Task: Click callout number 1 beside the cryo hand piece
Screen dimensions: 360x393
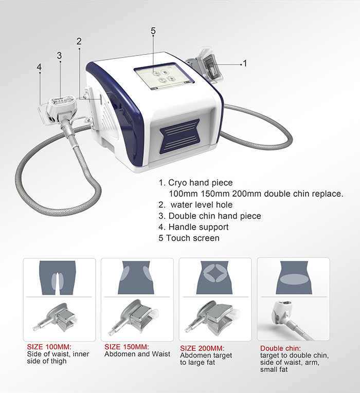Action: pyautogui.click(x=245, y=63)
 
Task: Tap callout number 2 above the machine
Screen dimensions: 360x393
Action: pyautogui.click(x=79, y=42)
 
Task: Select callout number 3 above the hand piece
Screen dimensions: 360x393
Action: pyautogui.click(x=59, y=55)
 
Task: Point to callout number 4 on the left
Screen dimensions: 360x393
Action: pyautogui.click(x=39, y=67)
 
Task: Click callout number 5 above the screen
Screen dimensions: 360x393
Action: pyautogui.click(x=153, y=31)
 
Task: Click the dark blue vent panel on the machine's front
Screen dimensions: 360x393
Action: pyautogui.click(x=179, y=136)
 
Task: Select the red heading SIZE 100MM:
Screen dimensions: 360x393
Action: pyautogui.click(x=49, y=347)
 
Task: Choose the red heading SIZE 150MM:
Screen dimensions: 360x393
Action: pyautogui.click(x=127, y=347)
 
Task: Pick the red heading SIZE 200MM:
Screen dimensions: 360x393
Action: pyautogui.click(x=202, y=348)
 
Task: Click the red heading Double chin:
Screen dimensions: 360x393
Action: pyautogui.click(x=280, y=348)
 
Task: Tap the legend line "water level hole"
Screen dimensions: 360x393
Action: pyautogui.click(x=195, y=205)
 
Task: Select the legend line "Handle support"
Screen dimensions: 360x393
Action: pyautogui.click(x=193, y=227)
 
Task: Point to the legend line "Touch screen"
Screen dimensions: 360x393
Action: pyautogui.click(x=189, y=238)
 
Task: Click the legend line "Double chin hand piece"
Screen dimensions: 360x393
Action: pyautogui.click(x=210, y=216)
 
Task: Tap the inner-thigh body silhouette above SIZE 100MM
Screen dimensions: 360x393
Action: pyautogui.click(x=58, y=277)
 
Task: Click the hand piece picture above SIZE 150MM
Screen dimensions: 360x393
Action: pyautogui.click(x=134, y=318)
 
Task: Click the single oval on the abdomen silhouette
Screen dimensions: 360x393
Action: pyautogui.click(x=294, y=279)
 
